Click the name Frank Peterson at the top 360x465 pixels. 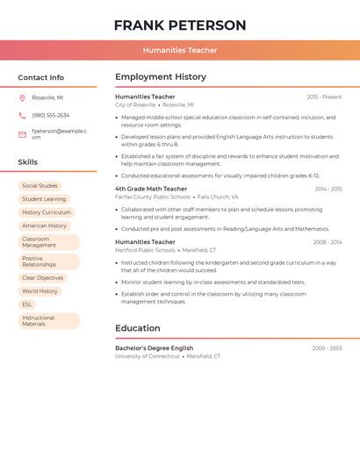[180, 25]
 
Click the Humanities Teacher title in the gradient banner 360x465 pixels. [180, 50]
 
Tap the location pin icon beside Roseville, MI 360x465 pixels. [22, 97]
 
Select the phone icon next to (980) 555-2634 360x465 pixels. [22, 115]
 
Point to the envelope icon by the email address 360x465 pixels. [22, 134]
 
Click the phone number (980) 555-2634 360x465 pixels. [51, 115]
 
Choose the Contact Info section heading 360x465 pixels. [40, 77]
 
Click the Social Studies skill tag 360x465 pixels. [40, 186]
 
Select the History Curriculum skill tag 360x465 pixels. [47, 212]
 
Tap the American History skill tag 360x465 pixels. [45, 225]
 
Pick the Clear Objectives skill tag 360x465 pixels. [43, 278]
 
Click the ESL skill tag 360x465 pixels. [27, 304]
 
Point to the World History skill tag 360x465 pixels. [40, 291]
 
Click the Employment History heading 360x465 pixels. [161, 77]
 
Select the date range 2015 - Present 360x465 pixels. [324, 97]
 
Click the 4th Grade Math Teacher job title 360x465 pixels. [151, 189]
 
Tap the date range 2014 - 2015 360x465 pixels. [328, 189]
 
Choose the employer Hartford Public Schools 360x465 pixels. [145, 250]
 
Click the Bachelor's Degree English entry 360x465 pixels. [154, 348]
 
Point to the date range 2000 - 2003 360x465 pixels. [327, 348]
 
